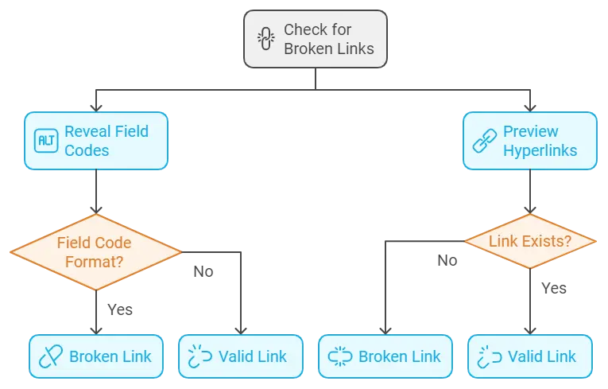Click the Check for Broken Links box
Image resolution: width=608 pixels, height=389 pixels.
click(315, 39)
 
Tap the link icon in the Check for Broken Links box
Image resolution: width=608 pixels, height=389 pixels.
click(265, 39)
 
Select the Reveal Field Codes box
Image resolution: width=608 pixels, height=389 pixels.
click(96, 140)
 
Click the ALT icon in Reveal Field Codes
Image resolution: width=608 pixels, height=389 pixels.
click(47, 140)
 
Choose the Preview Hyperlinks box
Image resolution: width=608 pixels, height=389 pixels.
click(530, 140)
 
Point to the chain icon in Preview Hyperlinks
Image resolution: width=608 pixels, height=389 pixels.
click(484, 141)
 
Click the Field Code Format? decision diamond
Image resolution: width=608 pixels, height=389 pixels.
click(96, 251)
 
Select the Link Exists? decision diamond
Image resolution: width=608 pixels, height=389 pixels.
click(530, 240)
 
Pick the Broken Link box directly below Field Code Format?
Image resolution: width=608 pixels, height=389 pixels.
click(96, 356)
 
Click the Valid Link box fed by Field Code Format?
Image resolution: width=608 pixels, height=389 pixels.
click(241, 356)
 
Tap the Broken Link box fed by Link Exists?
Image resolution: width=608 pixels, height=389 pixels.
click(385, 356)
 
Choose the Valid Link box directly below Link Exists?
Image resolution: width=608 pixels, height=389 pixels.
click(530, 356)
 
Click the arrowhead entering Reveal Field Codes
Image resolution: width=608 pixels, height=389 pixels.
click(96, 105)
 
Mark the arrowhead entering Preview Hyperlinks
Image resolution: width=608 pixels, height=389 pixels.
click(530, 105)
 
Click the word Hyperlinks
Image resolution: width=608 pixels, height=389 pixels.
click(540, 150)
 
